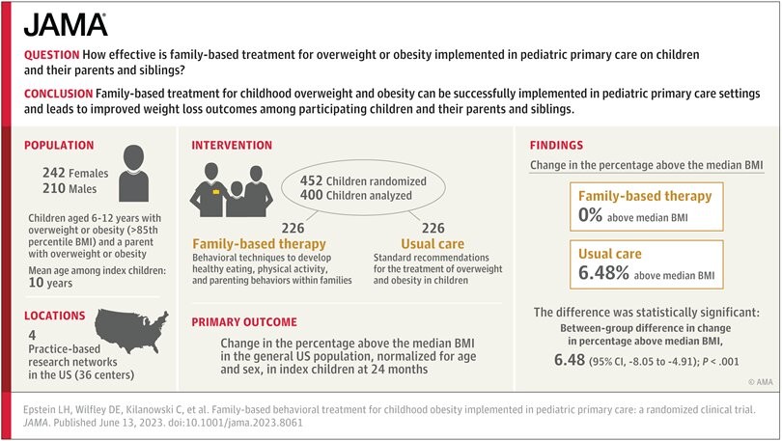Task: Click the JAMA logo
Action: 66,25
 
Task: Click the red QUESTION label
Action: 52,55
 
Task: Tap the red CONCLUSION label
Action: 58,94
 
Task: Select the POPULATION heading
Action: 59,146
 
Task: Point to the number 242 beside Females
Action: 54,173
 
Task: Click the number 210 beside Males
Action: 54,188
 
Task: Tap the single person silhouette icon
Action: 133,173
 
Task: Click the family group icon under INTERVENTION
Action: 231,190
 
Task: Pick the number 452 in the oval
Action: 311,180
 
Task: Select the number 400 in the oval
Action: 311,195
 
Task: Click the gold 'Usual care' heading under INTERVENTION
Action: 433,244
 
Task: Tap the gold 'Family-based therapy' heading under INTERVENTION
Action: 260,244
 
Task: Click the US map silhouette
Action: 131,330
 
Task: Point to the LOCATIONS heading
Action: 55,316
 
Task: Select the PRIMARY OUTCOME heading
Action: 244,322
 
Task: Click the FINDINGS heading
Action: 556,146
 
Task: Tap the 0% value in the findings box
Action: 591,215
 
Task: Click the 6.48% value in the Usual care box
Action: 603,273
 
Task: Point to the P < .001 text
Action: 720,361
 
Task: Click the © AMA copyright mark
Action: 761,382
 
